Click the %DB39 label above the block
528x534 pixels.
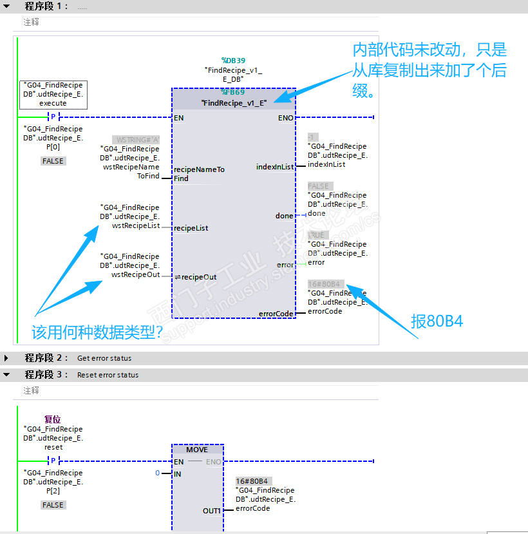232,60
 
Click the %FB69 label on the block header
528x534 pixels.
232,92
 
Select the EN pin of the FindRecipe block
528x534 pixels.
178,118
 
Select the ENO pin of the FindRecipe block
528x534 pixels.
285,118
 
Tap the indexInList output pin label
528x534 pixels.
275,167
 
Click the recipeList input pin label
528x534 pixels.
191,228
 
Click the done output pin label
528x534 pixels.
284,216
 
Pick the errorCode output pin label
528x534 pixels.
276,314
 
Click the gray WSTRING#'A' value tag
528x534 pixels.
136,140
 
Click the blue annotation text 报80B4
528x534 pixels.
437,321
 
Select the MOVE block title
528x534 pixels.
197,450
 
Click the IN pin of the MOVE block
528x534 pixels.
178,474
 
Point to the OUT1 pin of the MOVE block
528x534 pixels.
212,511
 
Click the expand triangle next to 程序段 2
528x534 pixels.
6,358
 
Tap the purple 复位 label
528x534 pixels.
53,419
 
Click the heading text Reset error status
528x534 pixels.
108,375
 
